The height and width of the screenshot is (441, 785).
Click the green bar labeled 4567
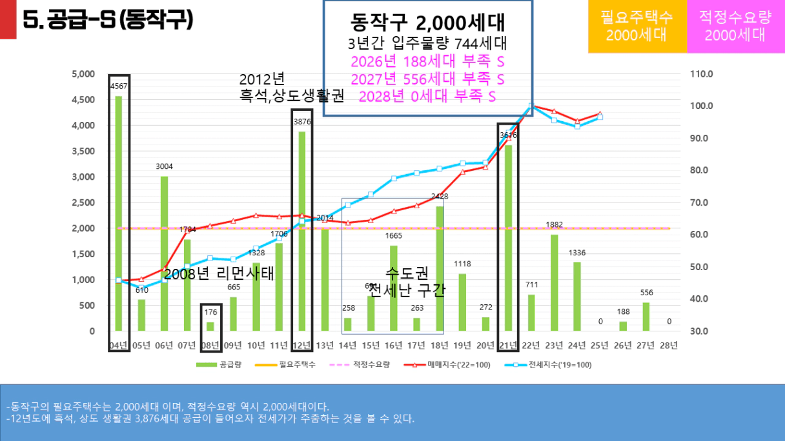118,213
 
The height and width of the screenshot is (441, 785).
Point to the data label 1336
577,252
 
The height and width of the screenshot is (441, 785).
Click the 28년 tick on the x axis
669,346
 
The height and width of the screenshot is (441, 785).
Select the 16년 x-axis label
393,346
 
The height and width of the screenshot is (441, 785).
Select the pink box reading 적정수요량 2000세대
735,26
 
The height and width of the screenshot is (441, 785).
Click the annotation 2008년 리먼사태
219,273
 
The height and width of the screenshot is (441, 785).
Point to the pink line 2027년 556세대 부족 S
427,79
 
